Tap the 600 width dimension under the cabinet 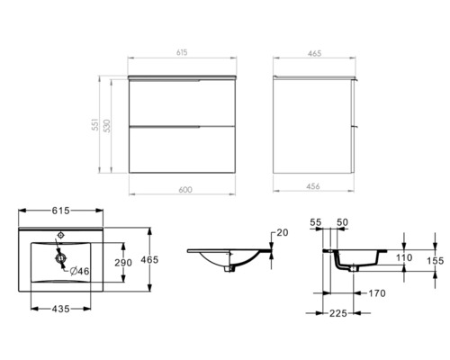(x=184, y=189)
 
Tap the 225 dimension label (x=338, y=314)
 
